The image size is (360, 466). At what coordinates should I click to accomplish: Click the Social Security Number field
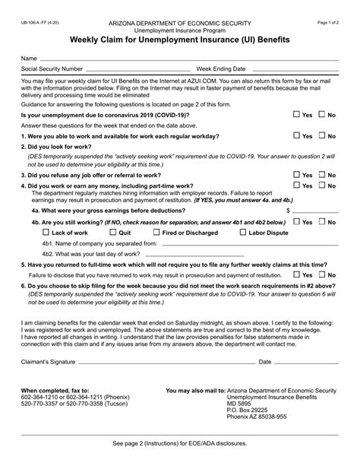pos(137,68)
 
